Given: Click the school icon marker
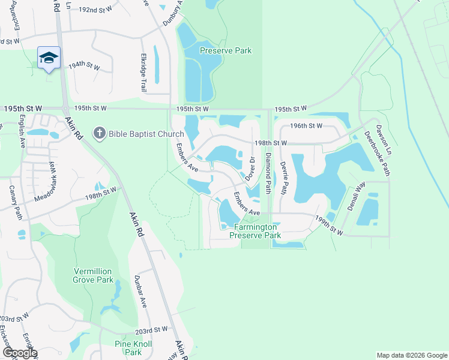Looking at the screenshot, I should pos(49,58).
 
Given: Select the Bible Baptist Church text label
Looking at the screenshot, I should pos(146,133).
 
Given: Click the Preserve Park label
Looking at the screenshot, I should pos(226,51).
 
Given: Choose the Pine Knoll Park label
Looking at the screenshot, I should pos(133,348).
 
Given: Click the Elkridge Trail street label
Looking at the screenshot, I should pos(143,73).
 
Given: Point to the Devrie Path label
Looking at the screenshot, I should pos(283,181).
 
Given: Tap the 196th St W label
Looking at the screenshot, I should pos(306,125).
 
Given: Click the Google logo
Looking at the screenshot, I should pos(20,353).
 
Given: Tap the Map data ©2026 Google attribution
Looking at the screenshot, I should pos(411,355).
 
